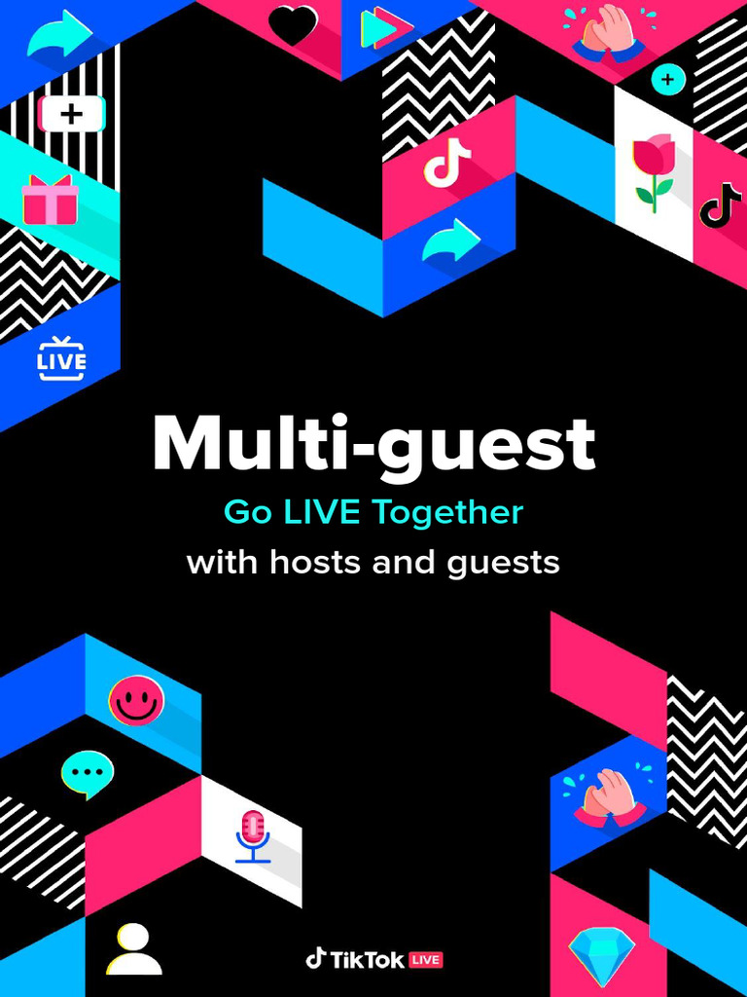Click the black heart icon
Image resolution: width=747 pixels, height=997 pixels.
[293, 25]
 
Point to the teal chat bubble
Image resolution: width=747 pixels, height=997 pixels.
[88, 773]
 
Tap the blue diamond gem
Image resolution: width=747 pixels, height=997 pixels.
[601, 955]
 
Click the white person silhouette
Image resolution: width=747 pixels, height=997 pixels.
[133, 949]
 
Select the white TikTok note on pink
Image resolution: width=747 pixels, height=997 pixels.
[447, 163]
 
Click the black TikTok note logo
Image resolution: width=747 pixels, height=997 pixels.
[721, 204]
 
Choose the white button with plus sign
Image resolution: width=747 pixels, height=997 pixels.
[71, 115]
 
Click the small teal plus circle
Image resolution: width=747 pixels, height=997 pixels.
[668, 79]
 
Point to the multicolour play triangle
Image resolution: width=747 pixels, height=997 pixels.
[379, 27]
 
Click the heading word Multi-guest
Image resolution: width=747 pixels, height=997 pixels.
[373, 444]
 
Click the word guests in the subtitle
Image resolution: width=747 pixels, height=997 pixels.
[504, 564]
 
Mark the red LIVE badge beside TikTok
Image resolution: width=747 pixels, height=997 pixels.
[425, 960]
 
